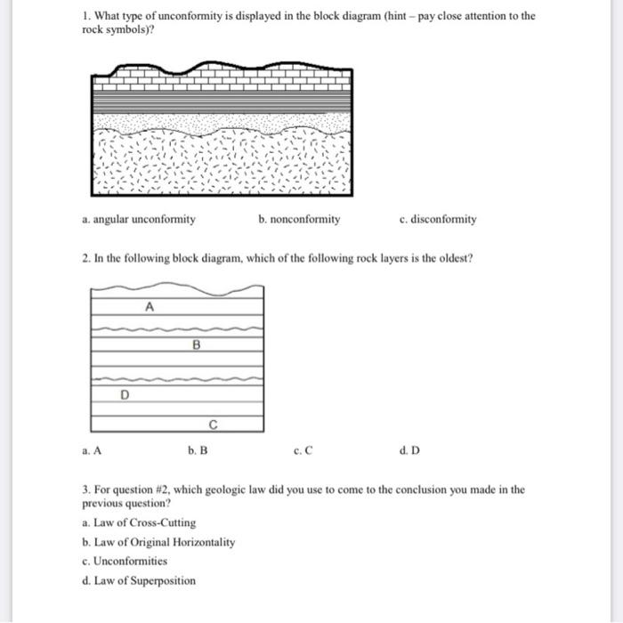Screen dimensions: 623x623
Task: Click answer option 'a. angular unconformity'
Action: [x=138, y=219]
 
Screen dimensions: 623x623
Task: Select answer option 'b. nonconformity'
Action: [x=299, y=219]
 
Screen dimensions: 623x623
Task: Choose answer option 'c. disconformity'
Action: [x=439, y=219]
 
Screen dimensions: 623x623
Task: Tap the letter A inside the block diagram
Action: [x=150, y=306]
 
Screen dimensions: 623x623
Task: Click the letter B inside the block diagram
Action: [x=195, y=343]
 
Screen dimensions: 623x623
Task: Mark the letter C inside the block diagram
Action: [x=213, y=423]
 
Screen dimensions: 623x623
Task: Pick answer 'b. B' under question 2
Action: [x=198, y=450]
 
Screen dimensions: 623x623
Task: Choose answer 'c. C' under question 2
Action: [x=303, y=450]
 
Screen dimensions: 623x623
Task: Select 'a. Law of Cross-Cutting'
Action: [x=138, y=522]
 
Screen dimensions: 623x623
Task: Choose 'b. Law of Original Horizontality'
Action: [x=158, y=542]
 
